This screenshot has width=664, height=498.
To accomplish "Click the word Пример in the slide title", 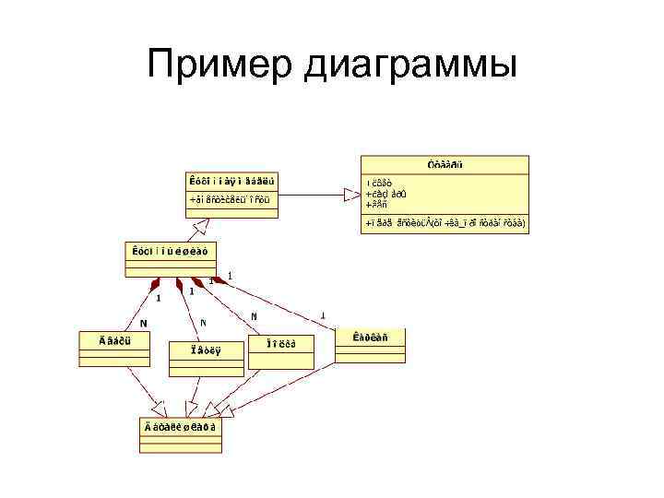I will tap(218, 65).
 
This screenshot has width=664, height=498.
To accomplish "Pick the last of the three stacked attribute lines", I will tap(381, 204).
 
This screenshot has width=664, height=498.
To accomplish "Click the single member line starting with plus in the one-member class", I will tap(230, 198).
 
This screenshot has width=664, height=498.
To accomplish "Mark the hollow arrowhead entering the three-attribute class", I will tap(350, 194).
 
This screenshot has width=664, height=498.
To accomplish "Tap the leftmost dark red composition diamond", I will tap(158, 281).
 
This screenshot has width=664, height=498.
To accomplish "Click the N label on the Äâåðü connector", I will tap(143, 323).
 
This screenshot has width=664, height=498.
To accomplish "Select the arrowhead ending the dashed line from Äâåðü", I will tap(159, 407).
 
